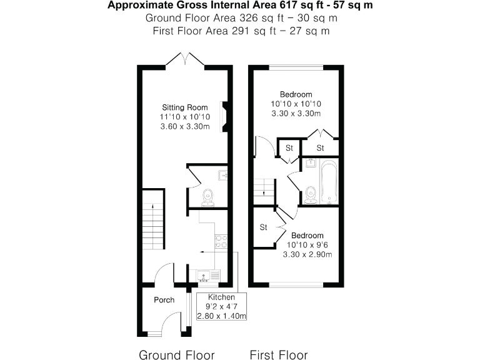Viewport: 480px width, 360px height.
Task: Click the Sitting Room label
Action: [x=184, y=107]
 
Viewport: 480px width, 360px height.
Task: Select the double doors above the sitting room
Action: [x=185, y=59]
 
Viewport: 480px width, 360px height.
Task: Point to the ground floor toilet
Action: [x=207, y=197]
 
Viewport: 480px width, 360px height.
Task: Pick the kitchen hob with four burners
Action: [x=221, y=241]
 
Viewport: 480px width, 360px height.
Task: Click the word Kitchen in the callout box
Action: [x=222, y=297]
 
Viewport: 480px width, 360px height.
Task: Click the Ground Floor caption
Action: [x=176, y=355]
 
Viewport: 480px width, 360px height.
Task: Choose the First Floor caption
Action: [x=279, y=355]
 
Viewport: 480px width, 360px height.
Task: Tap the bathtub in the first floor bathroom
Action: [x=329, y=182]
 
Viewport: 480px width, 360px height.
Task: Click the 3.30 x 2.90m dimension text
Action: [x=307, y=254]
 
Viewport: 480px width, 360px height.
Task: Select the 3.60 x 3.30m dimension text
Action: [x=184, y=127]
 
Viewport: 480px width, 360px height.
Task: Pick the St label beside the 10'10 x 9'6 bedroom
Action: [x=264, y=227]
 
